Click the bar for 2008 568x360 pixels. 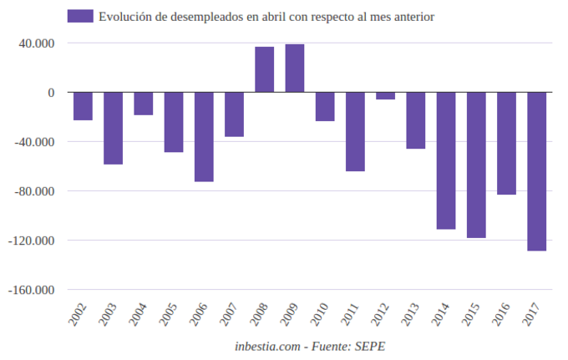(x=264, y=69)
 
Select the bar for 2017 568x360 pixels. (x=536, y=171)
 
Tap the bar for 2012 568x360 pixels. (x=385, y=96)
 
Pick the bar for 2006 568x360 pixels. (x=204, y=136)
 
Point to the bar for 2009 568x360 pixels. (x=295, y=68)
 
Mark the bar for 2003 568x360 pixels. (x=114, y=128)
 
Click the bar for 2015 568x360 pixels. (x=476, y=165)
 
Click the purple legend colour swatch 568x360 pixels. (x=80, y=16)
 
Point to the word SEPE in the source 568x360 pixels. (x=368, y=345)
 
